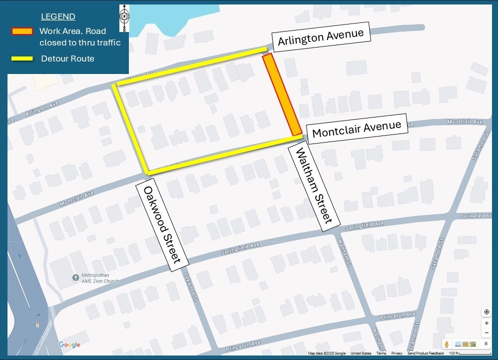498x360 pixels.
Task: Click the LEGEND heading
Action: click(58, 17)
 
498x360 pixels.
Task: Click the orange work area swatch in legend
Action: click(22, 31)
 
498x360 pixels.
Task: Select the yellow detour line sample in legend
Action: click(22, 58)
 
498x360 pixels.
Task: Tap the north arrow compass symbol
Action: click(124, 16)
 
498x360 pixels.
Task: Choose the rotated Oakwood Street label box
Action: click(162, 224)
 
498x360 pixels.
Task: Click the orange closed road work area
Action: click(282, 94)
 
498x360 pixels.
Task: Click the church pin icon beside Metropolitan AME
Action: click(75, 276)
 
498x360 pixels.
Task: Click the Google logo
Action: click(69, 344)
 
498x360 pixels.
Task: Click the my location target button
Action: click(487, 312)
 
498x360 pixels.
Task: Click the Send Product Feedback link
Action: click(426, 353)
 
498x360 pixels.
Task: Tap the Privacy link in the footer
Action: click(397, 353)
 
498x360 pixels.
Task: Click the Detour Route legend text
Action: click(67, 58)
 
